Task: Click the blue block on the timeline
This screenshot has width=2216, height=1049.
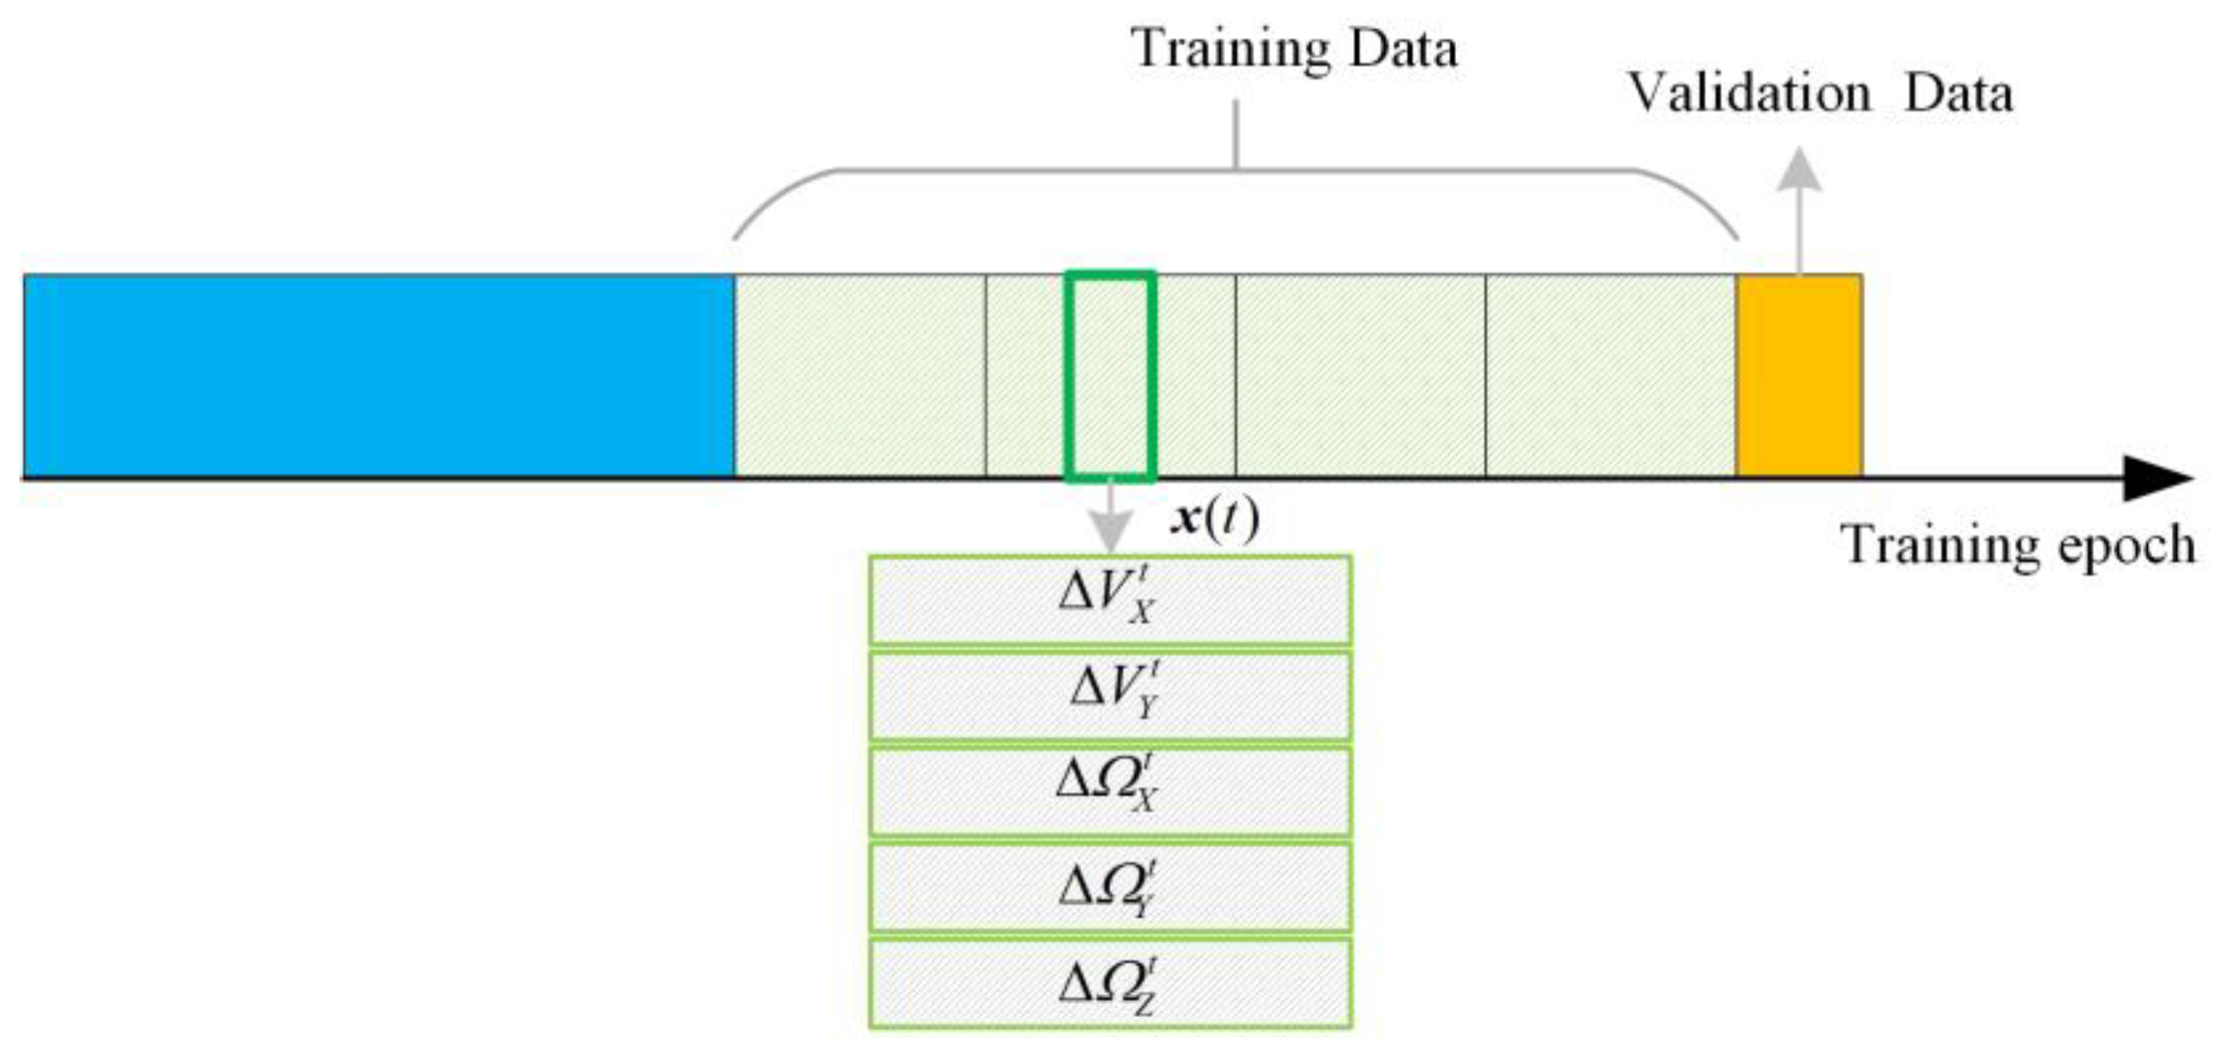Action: tap(379, 375)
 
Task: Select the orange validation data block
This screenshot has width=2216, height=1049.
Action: tap(1798, 375)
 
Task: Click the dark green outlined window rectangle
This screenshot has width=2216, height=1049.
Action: tap(1110, 375)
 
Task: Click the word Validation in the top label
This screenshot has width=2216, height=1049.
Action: tap(1749, 93)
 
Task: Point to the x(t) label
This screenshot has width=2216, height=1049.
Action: tap(1214, 519)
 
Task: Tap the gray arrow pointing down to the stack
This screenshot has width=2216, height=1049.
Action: tap(1110, 522)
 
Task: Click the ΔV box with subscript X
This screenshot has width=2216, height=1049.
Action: tap(1110, 599)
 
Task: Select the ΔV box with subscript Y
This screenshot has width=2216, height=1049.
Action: tap(1110, 695)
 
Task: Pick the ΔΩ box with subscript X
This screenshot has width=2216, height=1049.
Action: tap(1110, 791)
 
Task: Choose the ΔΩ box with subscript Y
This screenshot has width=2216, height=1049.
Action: tap(1110, 887)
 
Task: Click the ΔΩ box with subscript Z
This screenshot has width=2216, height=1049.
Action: tap(1110, 984)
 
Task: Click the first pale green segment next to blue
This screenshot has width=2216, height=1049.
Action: tap(860, 375)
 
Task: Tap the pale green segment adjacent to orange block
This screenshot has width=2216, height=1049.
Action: tap(1610, 375)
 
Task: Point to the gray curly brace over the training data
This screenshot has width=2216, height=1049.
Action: tap(1236, 170)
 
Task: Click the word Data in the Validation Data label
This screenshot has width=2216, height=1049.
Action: tap(1958, 93)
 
